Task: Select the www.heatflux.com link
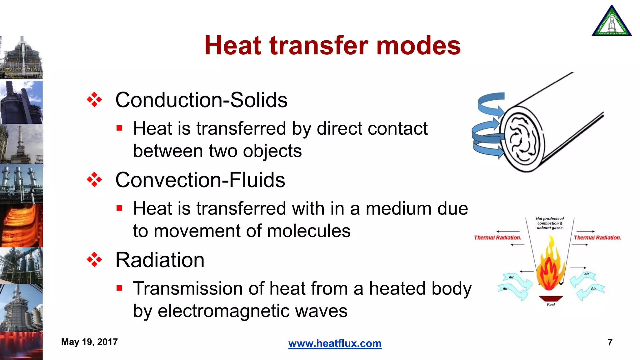pyautogui.click(x=335, y=343)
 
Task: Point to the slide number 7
pyautogui.click(x=610, y=342)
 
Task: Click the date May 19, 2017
pyautogui.click(x=89, y=342)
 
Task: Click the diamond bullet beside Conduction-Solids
pyautogui.click(x=94, y=100)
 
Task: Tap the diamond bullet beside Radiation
pyautogui.click(x=94, y=260)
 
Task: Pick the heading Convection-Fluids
pyautogui.click(x=200, y=180)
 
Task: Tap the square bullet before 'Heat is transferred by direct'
pyautogui.click(x=119, y=128)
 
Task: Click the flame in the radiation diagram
pyautogui.click(x=550, y=266)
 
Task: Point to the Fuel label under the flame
pyautogui.click(x=551, y=304)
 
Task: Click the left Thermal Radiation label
pyautogui.click(x=497, y=237)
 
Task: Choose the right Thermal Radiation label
pyautogui.click(x=597, y=237)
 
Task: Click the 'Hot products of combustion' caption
pyautogui.click(x=550, y=223)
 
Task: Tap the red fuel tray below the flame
pyautogui.click(x=551, y=298)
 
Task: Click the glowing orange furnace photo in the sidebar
pyautogui.click(x=21, y=226)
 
